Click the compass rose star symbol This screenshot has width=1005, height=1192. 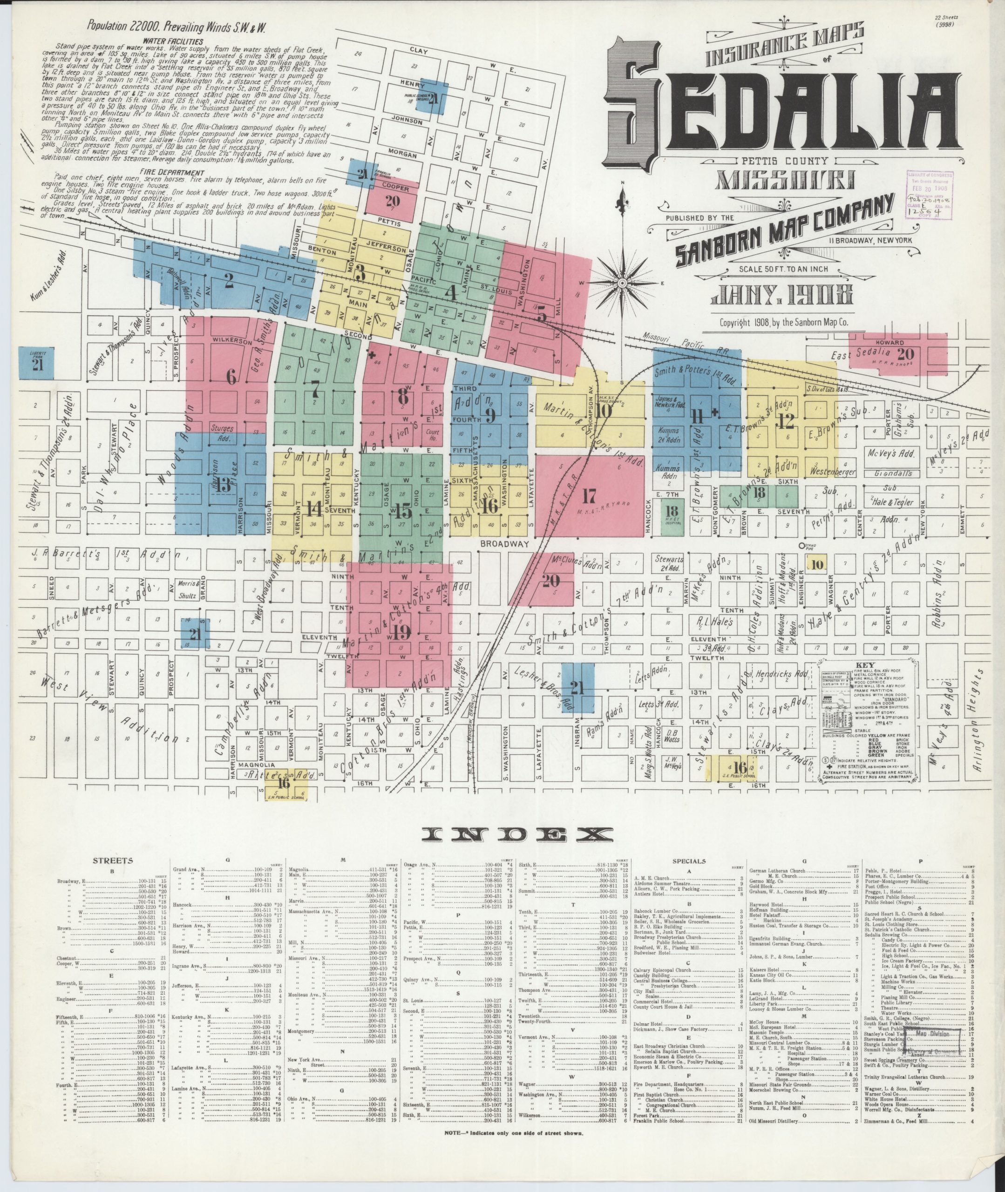tap(622, 283)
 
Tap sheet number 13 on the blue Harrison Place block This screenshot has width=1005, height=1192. tap(224, 485)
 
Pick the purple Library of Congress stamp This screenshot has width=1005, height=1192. tap(929, 194)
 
